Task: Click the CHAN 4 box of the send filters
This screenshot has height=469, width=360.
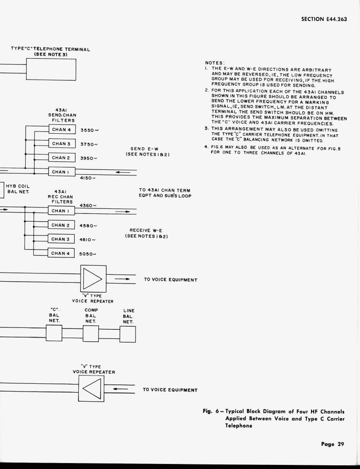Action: tap(61, 130)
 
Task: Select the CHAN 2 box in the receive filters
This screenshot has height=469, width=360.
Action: tap(61, 225)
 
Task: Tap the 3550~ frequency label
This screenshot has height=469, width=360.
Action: tap(90, 130)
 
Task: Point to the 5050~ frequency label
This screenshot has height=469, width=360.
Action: tap(87, 254)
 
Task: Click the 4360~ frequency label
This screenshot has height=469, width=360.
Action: tap(88, 206)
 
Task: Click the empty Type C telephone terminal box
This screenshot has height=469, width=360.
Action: tap(51, 70)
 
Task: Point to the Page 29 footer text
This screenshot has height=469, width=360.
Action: tap(332, 443)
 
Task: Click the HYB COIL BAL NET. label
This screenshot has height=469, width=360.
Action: tap(18, 188)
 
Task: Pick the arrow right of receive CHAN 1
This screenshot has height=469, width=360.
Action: tap(122, 212)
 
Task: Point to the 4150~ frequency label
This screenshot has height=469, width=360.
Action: tap(87, 178)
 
